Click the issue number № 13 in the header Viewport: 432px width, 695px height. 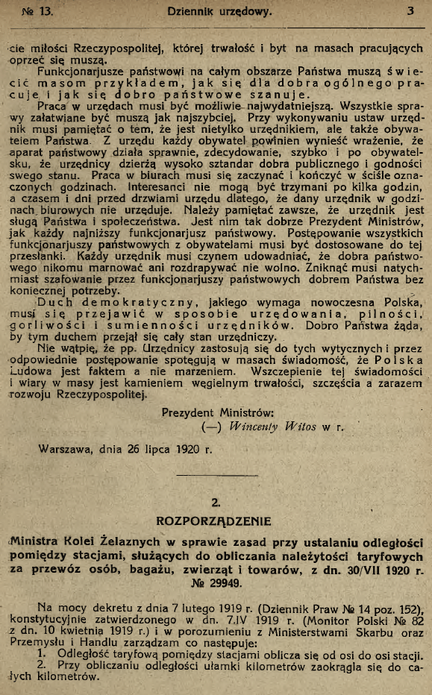point(40,11)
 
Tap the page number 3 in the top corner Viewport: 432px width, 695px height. point(410,11)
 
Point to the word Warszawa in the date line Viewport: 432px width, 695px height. point(65,450)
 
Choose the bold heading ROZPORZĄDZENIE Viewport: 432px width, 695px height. point(214,519)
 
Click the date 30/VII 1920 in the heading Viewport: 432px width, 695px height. point(376,569)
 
